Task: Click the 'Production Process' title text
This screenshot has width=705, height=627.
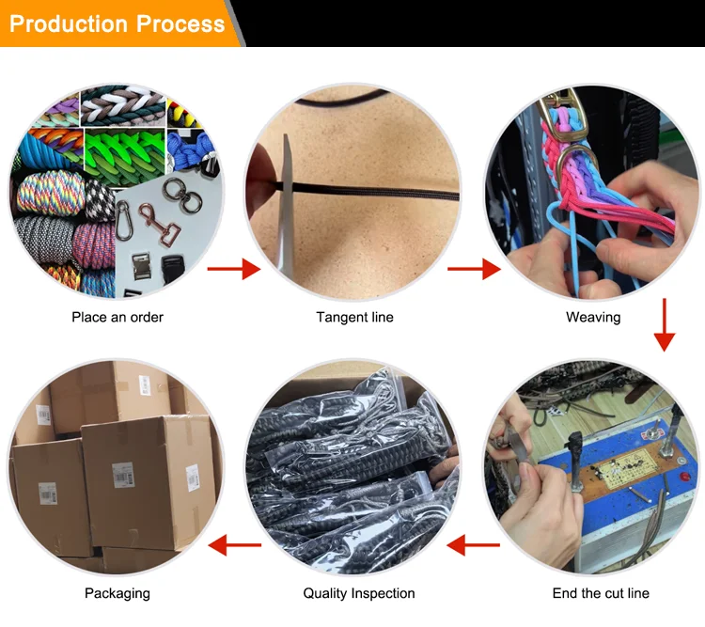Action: (x=117, y=24)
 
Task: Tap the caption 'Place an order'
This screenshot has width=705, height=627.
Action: (x=117, y=317)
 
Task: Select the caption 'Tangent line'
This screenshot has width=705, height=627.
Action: (x=354, y=317)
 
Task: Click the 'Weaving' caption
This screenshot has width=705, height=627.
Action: (x=593, y=317)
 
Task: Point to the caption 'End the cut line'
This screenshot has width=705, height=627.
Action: (x=601, y=593)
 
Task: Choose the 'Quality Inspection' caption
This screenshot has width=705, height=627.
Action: (x=359, y=593)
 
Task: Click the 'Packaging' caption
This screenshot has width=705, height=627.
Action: (x=117, y=594)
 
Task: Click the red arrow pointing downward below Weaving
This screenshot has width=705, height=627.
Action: (x=664, y=324)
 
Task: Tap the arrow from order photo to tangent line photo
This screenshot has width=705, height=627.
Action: (x=234, y=269)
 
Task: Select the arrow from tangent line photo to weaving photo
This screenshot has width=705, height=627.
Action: (x=474, y=269)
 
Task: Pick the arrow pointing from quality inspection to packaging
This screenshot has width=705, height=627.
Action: (x=235, y=544)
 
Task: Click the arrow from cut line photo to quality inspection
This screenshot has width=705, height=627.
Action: (x=473, y=544)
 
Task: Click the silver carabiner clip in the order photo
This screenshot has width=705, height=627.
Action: (x=124, y=220)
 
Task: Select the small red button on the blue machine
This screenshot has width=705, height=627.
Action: (x=684, y=476)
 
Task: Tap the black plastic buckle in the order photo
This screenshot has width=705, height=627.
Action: (x=172, y=269)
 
